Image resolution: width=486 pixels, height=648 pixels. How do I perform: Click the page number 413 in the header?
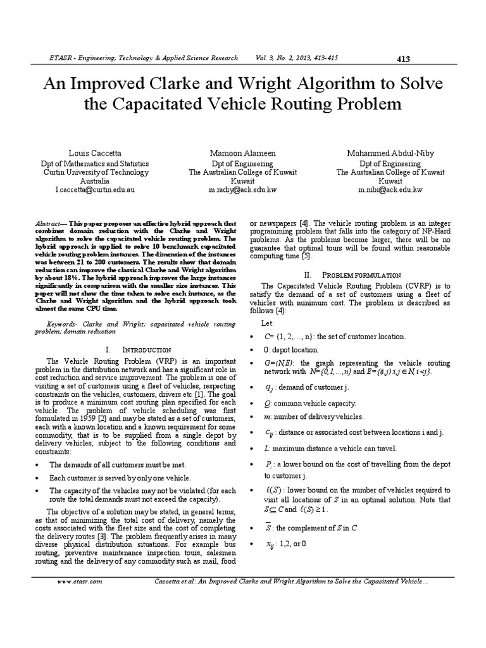point(403,59)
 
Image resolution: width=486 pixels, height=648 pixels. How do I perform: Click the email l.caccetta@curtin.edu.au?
point(95,189)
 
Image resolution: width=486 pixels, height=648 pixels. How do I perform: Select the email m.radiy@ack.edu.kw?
point(243,189)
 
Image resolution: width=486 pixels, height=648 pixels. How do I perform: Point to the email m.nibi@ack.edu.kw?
point(390,189)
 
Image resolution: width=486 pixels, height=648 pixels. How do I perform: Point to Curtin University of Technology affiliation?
point(96,172)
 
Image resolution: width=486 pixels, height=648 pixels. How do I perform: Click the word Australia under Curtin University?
point(96,180)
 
